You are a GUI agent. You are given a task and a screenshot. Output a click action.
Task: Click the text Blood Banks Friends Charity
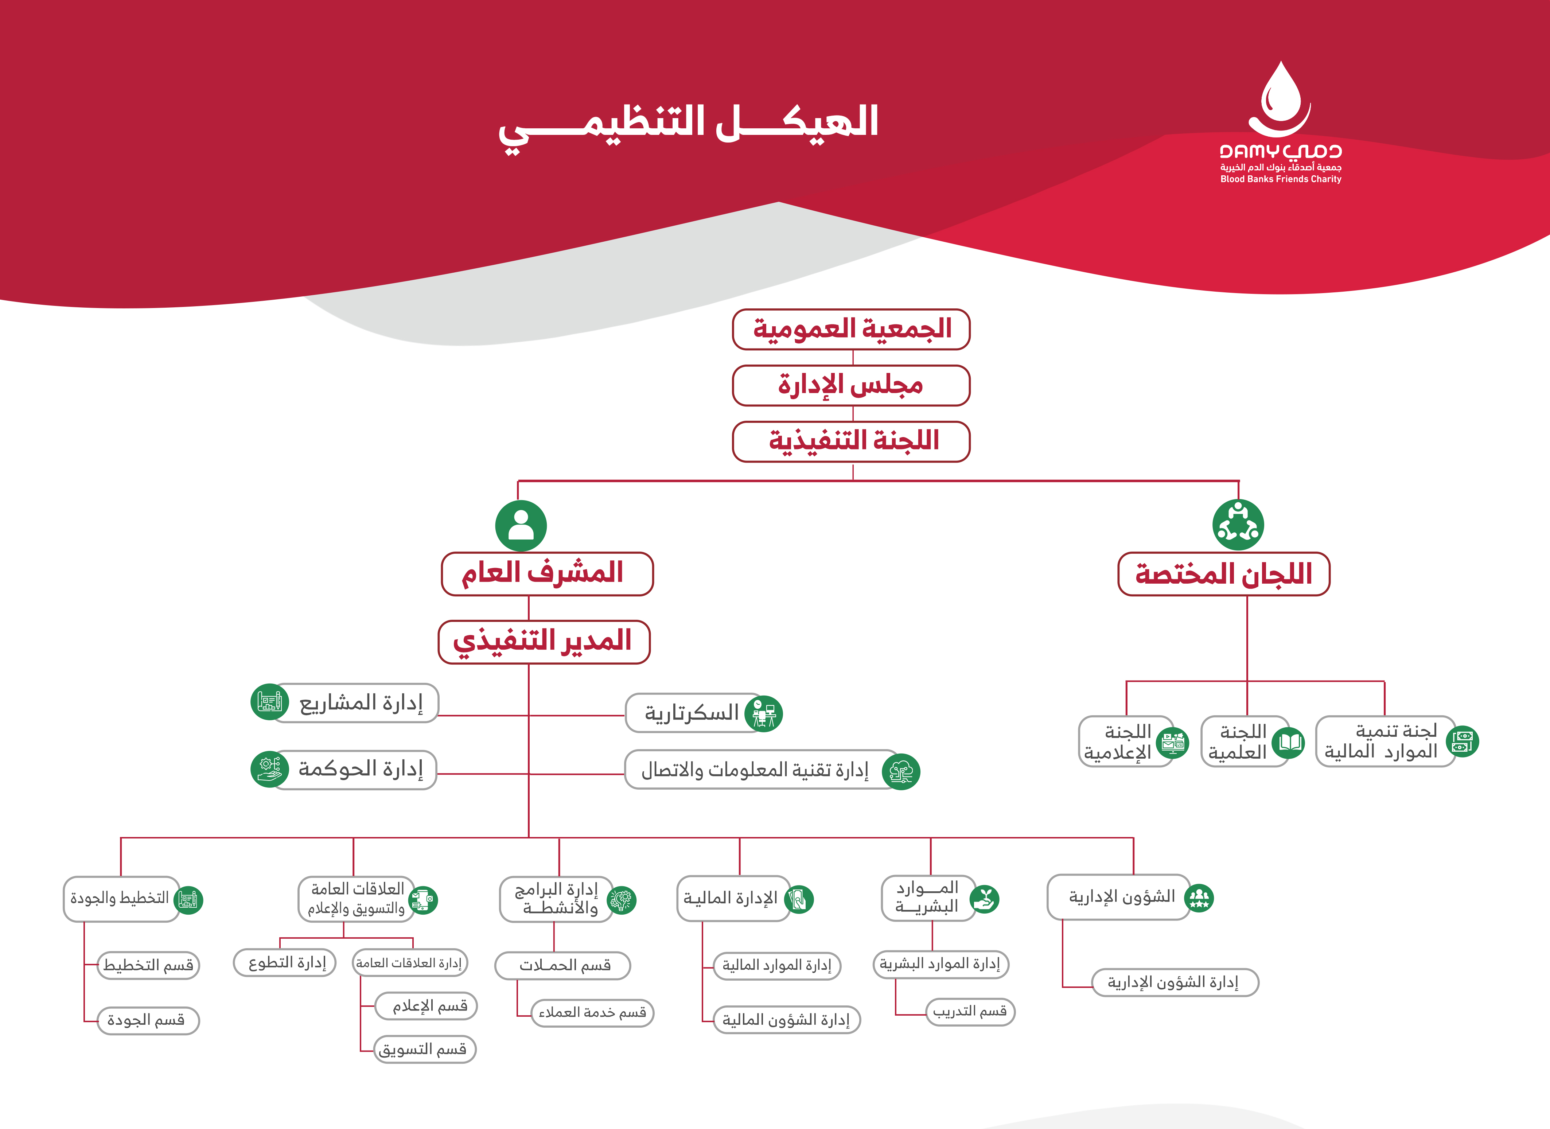coord(1281,179)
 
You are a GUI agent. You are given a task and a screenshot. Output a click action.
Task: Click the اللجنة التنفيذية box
coord(852,441)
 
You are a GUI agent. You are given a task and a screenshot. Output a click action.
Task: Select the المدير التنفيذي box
coord(544,642)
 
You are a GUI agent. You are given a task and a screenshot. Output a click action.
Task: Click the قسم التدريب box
coord(970,1012)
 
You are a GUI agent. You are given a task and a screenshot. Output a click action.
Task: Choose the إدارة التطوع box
coord(285,963)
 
